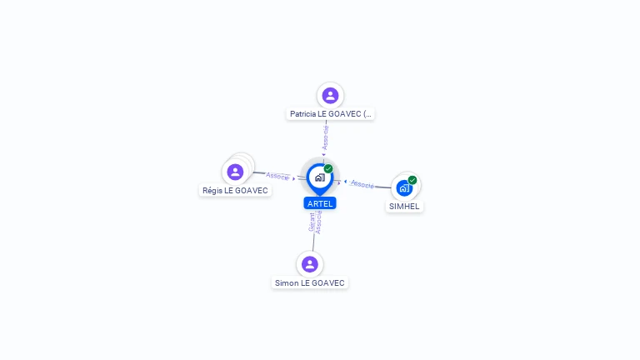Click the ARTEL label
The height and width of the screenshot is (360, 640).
coord(320,203)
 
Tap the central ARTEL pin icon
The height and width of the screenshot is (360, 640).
coord(319,177)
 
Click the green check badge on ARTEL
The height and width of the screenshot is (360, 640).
coord(328,169)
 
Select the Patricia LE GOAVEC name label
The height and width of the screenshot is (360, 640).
coord(331,114)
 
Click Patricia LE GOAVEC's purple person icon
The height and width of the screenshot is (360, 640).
coord(330,95)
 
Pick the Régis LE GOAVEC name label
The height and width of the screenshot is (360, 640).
coord(235,191)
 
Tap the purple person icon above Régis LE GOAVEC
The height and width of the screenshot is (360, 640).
coord(235,172)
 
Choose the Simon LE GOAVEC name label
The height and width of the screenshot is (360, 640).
coord(310,283)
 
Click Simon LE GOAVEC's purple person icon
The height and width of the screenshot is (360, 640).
coord(310,264)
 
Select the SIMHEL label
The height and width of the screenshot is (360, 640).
coord(405,207)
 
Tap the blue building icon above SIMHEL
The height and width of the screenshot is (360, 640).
coord(404,188)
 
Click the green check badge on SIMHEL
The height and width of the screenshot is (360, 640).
coord(412,180)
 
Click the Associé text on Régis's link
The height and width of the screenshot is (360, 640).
coord(277,176)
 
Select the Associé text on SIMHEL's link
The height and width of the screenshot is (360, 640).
coord(362,183)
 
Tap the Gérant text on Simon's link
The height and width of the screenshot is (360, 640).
coord(312,222)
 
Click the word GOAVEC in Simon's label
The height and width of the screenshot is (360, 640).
coord(328,283)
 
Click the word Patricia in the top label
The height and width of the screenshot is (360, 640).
coord(302,114)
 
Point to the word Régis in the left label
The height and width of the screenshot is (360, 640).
coord(212,191)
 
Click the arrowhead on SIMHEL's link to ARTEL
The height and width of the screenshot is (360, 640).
coord(345,181)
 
